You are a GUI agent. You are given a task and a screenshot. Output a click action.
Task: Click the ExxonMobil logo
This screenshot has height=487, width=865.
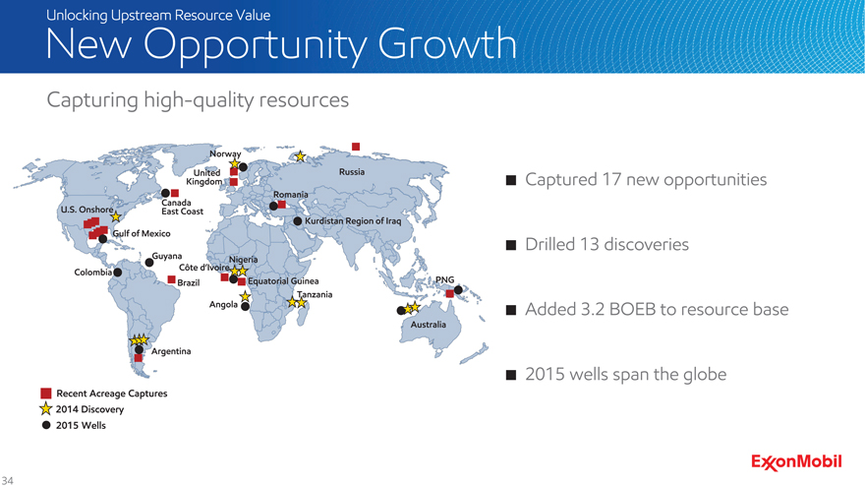tap(796, 462)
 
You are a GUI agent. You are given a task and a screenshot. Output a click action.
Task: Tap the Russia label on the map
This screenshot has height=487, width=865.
tap(352, 172)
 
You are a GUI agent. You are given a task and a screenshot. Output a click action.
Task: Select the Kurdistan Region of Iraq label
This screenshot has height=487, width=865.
tap(353, 220)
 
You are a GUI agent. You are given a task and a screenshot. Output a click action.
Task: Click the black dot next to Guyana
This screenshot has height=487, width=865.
tap(149, 263)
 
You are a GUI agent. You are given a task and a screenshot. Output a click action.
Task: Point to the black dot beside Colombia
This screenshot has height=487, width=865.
tap(118, 273)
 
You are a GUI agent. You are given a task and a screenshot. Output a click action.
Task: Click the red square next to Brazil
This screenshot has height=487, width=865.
tap(172, 280)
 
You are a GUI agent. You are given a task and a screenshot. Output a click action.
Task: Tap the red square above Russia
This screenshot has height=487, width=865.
tap(356, 147)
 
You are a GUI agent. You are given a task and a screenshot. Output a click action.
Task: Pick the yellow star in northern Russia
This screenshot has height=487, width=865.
tap(300, 156)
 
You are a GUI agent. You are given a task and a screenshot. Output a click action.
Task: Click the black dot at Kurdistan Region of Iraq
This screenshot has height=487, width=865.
tap(297, 220)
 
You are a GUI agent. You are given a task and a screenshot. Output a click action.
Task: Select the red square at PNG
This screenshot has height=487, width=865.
tap(449, 294)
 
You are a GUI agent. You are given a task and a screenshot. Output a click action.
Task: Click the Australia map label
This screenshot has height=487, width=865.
tap(429, 325)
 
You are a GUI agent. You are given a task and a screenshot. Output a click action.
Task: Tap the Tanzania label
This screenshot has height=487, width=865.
tap(315, 294)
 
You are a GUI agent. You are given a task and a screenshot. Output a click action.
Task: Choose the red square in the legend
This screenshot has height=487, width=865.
tap(46, 394)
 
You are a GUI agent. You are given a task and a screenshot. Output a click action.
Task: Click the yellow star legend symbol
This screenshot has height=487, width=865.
tap(46, 408)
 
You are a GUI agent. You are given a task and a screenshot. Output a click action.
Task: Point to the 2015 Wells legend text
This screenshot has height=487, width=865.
tap(81, 425)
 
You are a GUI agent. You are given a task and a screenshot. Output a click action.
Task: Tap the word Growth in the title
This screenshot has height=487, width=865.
tap(447, 43)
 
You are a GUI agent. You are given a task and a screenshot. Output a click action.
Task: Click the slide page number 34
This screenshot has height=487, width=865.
tap(7, 480)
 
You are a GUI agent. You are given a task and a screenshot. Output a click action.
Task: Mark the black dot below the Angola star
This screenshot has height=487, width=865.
tap(245, 306)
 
